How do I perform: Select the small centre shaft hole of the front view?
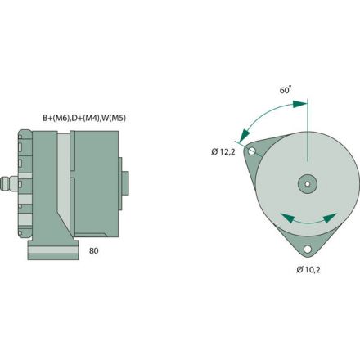pos(307,183)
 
